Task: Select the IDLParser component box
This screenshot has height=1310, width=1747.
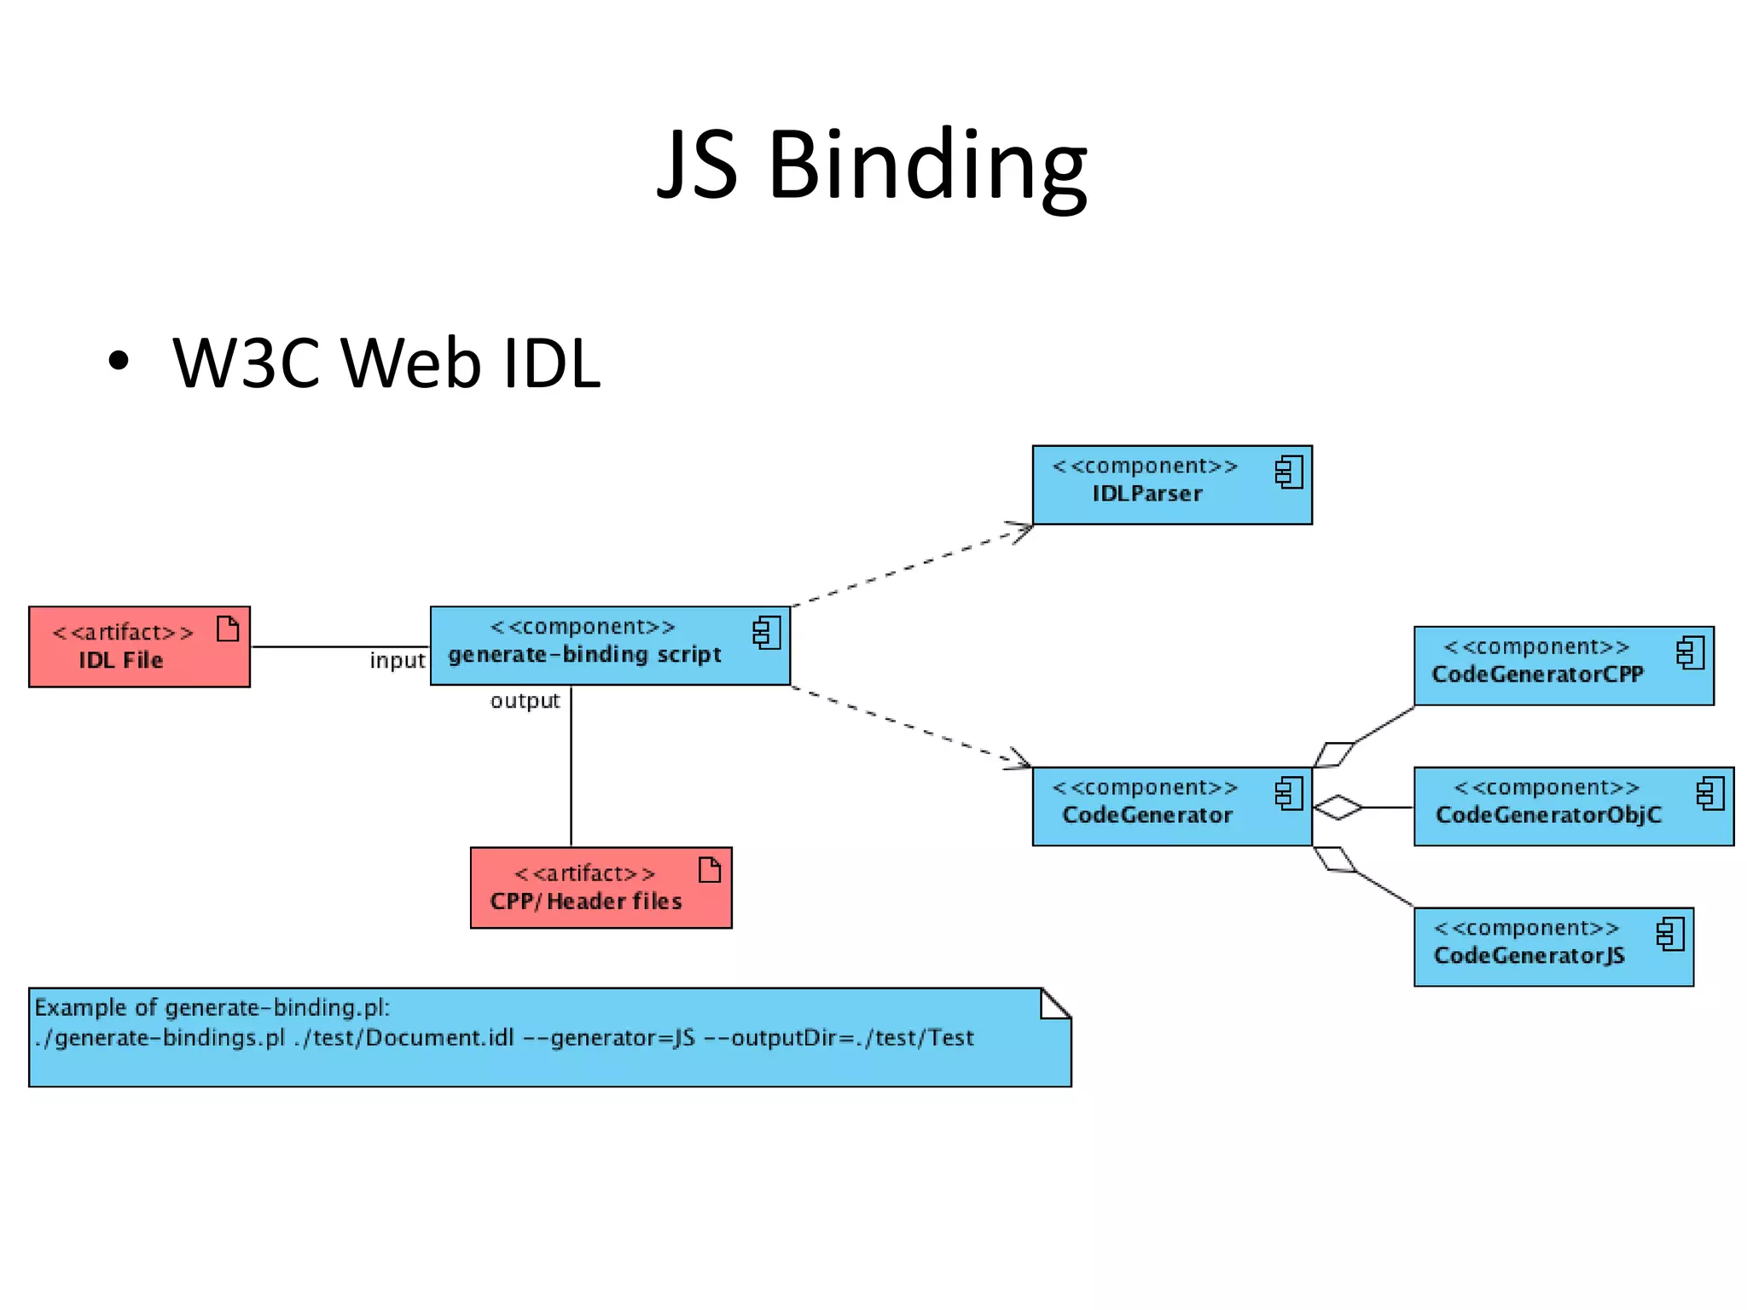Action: [x=1171, y=484]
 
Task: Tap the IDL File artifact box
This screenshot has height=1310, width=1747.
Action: [x=139, y=646]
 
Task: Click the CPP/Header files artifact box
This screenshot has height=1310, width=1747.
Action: [x=601, y=887]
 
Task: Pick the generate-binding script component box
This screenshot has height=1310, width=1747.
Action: [x=609, y=646]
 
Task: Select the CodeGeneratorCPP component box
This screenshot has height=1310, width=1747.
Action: [x=1563, y=665]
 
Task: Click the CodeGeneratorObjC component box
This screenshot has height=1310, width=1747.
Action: [x=1573, y=806]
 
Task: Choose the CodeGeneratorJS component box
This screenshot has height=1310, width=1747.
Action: [x=1553, y=947]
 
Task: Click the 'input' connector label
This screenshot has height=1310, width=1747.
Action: [x=397, y=660]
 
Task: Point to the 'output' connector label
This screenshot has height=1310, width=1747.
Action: [x=525, y=700]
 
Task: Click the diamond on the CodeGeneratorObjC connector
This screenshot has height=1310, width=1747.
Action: [x=1338, y=807]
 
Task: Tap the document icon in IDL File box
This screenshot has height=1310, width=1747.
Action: [x=228, y=629]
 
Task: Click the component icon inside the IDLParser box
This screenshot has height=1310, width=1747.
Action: [x=1289, y=472]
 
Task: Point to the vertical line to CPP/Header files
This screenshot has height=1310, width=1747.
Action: [x=571, y=768]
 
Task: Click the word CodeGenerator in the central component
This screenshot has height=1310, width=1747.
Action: [x=1146, y=815]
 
